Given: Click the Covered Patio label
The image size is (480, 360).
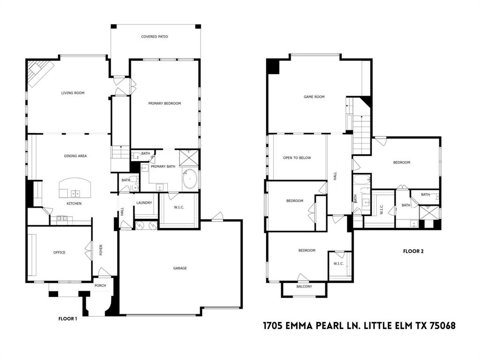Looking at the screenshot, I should coord(155,37).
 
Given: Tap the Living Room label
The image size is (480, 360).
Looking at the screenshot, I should coord(73,93).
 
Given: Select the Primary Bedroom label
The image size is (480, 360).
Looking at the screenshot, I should coord(165,103).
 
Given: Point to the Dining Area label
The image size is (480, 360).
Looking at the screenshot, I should coord(75,156).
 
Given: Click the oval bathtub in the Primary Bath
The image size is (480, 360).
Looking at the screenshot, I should coord(190,180).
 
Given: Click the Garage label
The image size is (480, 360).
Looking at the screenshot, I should coord(180,268).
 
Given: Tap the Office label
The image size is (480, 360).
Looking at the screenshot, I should coord(59,253).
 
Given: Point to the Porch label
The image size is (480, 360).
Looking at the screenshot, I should coord(100,285).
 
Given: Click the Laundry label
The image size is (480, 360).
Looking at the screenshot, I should coord(144,202).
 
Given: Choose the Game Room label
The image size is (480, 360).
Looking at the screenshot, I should coord(314,97).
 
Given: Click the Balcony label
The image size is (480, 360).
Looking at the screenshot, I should coord(304,286).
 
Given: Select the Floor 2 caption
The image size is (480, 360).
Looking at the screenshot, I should coord(413,251).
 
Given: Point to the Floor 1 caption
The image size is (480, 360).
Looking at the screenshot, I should coord(67,319).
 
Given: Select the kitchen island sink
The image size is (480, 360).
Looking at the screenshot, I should coord(75,193).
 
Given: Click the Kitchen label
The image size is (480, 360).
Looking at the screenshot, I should coord(74,203).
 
